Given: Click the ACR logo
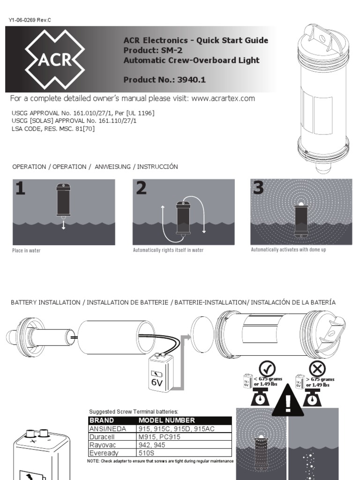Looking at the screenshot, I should [x=54, y=60].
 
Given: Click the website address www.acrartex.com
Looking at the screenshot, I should [x=223, y=98].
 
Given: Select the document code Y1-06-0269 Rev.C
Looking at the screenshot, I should [x=29, y=20].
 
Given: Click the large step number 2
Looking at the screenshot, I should [x=142, y=188].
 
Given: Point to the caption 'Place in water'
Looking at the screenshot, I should [x=26, y=251].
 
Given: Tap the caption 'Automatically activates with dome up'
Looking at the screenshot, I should [x=288, y=250].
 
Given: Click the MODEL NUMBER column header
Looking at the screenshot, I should [x=167, y=420].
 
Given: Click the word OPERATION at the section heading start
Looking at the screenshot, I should [x=29, y=167].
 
